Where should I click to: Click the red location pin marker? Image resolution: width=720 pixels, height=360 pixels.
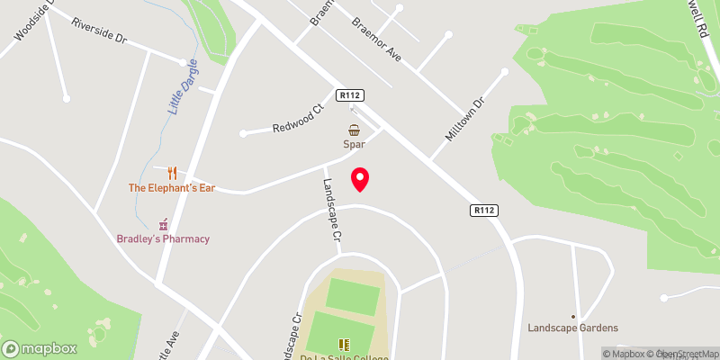click(360, 178)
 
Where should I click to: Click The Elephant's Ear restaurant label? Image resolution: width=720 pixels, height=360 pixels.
click(172, 188)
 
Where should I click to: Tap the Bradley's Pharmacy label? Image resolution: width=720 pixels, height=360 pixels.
click(163, 238)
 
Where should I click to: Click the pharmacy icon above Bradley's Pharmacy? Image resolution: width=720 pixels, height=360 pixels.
click(163, 223)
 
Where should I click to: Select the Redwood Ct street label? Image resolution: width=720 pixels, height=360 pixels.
click(297, 120)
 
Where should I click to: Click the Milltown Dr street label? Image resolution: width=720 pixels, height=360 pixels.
click(464, 119)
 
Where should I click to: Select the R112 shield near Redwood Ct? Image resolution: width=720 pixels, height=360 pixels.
click(350, 94)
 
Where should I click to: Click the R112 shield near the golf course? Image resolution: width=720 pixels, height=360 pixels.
click(484, 211)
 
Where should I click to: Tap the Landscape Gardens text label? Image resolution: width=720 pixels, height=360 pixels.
click(573, 328)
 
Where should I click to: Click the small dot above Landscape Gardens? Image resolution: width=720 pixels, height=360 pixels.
click(573, 316)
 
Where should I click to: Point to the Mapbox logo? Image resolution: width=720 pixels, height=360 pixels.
click(40, 348)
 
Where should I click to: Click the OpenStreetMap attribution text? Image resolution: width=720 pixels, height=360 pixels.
click(688, 353)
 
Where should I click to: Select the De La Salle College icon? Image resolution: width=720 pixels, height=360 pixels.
click(342, 344)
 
